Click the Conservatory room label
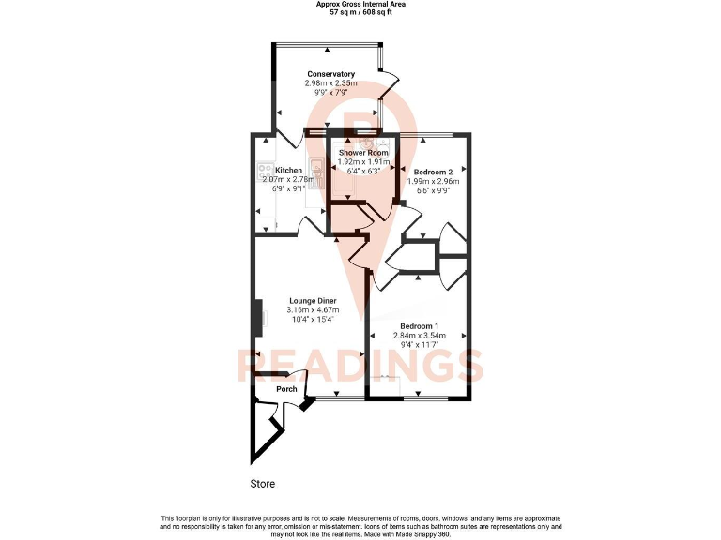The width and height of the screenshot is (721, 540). point(330,74)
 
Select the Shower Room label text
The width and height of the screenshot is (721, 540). point(363,152)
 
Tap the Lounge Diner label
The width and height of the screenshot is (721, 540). point(313,301)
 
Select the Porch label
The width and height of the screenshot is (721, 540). point(286,389)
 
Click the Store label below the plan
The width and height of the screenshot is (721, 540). point(263,485)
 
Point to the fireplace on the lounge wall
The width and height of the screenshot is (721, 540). point(257,316)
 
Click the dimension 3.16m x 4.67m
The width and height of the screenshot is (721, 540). point(313,310)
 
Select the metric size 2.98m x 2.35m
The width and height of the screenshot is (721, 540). point(330,83)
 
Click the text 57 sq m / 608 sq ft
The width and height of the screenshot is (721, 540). point(360,14)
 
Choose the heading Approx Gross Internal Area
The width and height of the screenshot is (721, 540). point(360,5)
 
